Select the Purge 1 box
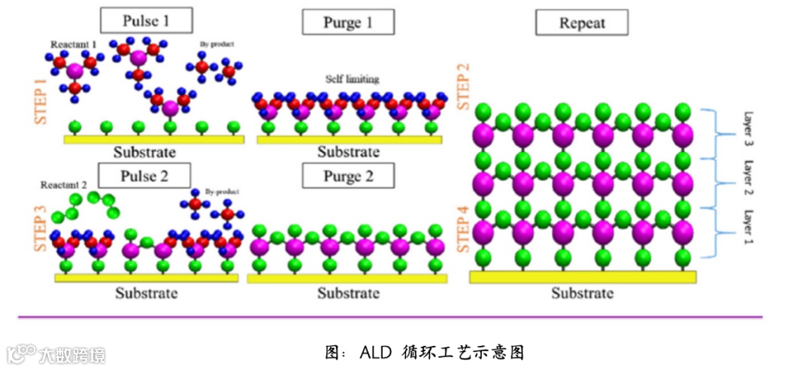pos(348,23)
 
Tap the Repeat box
pos(582,23)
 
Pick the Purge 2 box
pos(348,176)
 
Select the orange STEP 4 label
pos(464,223)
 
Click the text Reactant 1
pos(74,45)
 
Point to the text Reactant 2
pos(64,185)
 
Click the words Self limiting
pos(352,78)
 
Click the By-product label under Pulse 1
pos(217,45)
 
